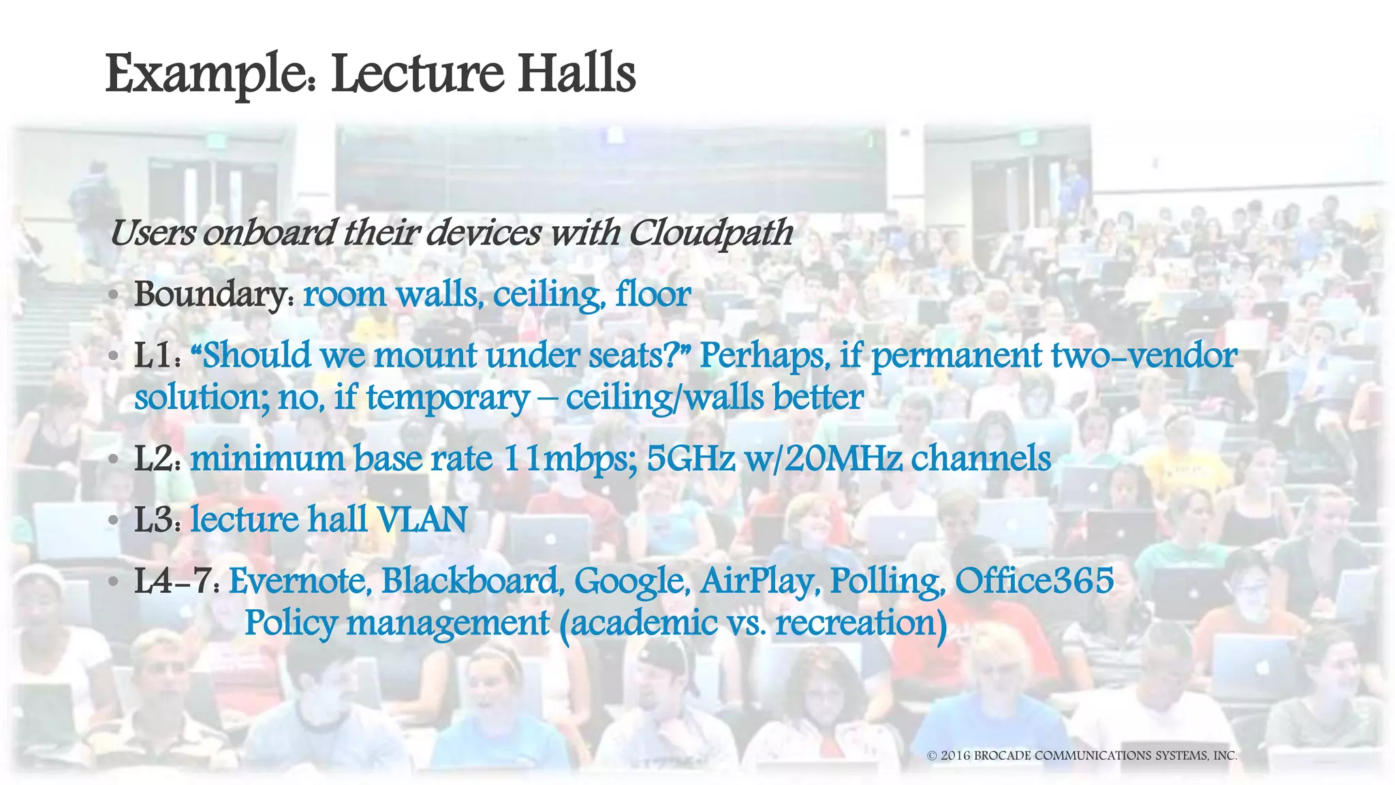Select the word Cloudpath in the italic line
710,234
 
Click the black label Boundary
213,295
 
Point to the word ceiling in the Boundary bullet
548,295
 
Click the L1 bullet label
156,356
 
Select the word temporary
448,398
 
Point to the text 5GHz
691,459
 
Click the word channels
981,459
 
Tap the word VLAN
422,520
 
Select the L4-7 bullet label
176,581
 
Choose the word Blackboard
471,581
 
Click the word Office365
1034,581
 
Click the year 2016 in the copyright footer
956,756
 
